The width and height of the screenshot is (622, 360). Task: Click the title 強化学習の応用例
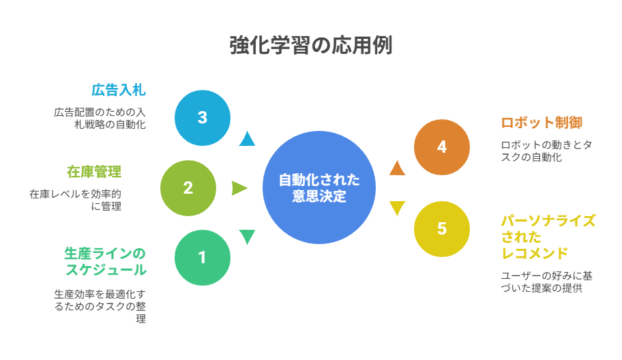(x=311, y=45)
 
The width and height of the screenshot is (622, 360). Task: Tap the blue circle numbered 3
(x=203, y=118)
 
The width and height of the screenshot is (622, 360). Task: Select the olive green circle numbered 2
(x=188, y=188)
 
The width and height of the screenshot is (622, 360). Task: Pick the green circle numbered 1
(x=203, y=258)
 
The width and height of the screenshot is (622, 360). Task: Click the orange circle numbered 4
(x=442, y=147)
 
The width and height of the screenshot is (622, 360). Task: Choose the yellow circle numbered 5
(x=442, y=229)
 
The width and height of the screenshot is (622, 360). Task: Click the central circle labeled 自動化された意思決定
(x=319, y=187)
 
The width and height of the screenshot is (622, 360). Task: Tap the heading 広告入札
(x=119, y=90)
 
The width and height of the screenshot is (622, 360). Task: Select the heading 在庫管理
(x=94, y=172)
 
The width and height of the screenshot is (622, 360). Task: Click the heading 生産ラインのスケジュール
(x=106, y=262)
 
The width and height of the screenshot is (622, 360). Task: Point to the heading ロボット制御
(x=542, y=123)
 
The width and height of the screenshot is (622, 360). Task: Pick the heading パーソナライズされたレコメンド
(x=548, y=237)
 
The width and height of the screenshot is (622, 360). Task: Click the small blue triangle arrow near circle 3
(x=247, y=138)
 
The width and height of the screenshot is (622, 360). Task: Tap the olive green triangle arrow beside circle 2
(x=239, y=188)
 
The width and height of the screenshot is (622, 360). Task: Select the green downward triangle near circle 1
(x=247, y=237)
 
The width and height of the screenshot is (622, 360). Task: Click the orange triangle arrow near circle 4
(x=397, y=168)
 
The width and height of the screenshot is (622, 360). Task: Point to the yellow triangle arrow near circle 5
(x=397, y=208)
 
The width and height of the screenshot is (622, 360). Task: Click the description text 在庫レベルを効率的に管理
(x=76, y=200)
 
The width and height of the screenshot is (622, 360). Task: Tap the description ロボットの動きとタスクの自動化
(x=546, y=151)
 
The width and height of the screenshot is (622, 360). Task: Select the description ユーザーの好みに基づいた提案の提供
(x=546, y=282)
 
